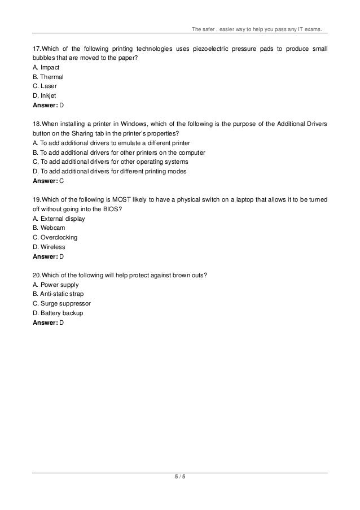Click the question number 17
[36, 48]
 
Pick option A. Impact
[46, 67]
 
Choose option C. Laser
[45, 86]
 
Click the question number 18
[36, 124]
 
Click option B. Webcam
[49, 228]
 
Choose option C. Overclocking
[55, 237]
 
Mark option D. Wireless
[49, 247]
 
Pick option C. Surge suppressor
[62, 304]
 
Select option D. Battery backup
[58, 313]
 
